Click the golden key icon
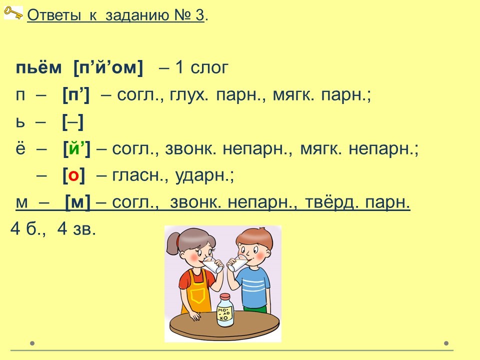13,13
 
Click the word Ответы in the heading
54,14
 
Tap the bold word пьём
38,67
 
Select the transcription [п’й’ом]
108,67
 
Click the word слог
209,67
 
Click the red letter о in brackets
73,175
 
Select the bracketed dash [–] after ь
73,122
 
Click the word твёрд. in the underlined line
332,202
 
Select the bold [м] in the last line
78,202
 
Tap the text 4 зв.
76,228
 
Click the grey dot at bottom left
32,343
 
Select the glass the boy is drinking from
237,263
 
